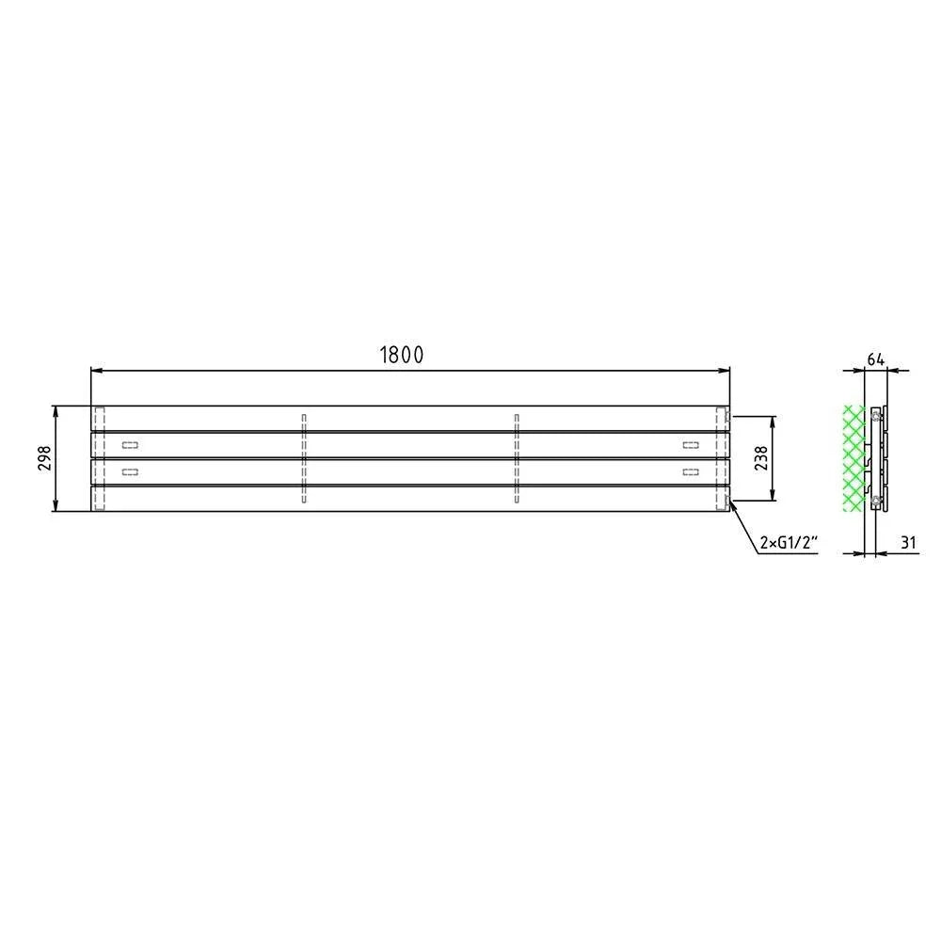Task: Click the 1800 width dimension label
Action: coord(402,355)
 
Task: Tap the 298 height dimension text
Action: coord(45,458)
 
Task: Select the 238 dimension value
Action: coord(761,458)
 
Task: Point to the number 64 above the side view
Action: coord(875,360)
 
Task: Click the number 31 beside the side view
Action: coord(909,543)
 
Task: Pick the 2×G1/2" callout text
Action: coord(789,543)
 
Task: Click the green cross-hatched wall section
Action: coord(853,458)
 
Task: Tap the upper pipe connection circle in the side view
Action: coord(877,415)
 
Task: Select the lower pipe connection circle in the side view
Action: coord(877,500)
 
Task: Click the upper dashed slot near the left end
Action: coord(130,445)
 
